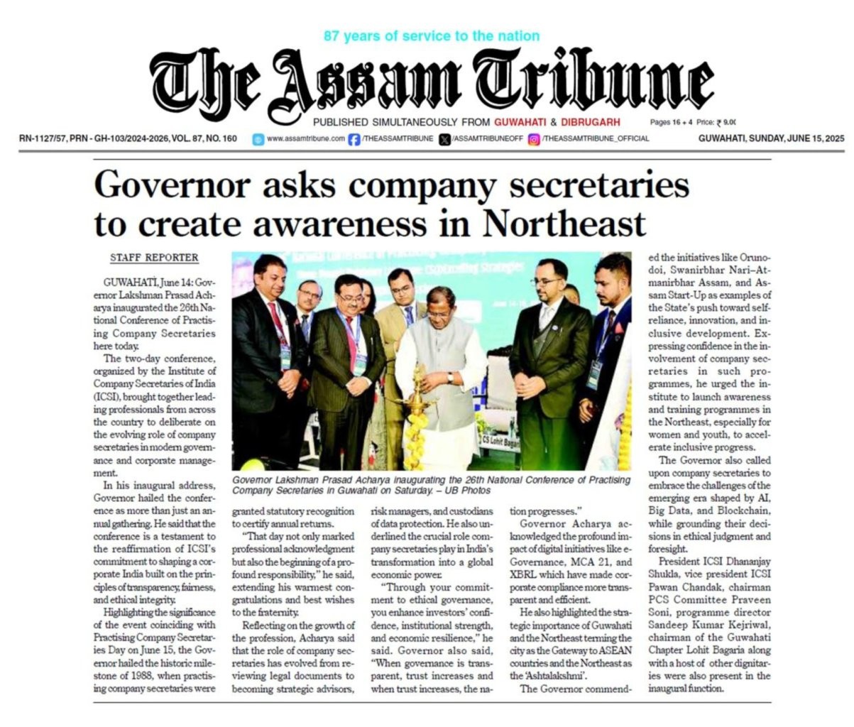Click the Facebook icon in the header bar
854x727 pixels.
coord(354,139)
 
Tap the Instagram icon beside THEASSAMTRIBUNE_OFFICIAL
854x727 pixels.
coord(533,139)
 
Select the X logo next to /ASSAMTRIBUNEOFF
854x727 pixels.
coord(445,139)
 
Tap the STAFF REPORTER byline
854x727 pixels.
coord(154,258)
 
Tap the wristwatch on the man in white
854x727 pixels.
coord(450,378)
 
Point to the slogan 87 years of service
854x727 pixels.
coord(431,35)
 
